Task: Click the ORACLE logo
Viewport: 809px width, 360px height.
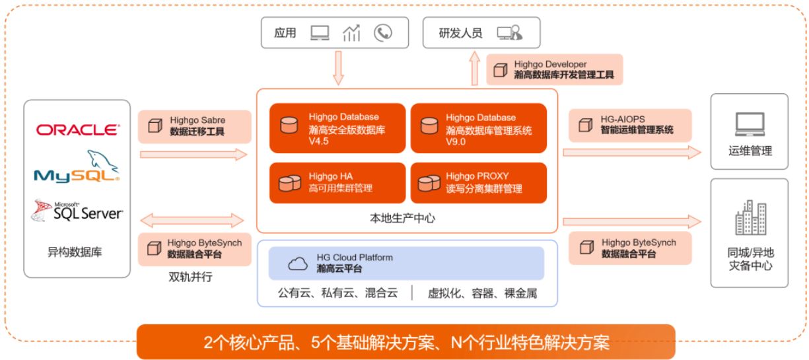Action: click(x=77, y=129)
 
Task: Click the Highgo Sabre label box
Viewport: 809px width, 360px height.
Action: click(x=195, y=126)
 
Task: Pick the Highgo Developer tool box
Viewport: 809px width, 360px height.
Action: click(x=555, y=69)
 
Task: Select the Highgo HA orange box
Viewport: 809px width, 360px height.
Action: click(x=337, y=182)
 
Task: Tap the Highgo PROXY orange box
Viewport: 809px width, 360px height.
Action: click(x=478, y=182)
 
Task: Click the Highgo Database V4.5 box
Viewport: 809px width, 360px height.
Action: click(x=337, y=128)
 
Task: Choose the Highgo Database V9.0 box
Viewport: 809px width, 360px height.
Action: click(x=478, y=128)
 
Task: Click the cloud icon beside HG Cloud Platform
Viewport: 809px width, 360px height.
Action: click(x=298, y=264)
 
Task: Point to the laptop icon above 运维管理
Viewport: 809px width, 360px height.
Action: click(x=749, y=124)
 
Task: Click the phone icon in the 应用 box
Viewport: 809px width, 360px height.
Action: click(x=382, y=33)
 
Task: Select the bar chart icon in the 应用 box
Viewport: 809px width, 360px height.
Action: click(x=351, y=33)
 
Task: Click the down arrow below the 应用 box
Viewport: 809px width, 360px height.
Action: click(x=338, y=67)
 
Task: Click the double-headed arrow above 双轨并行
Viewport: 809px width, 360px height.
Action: click(x=193, y=220)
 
